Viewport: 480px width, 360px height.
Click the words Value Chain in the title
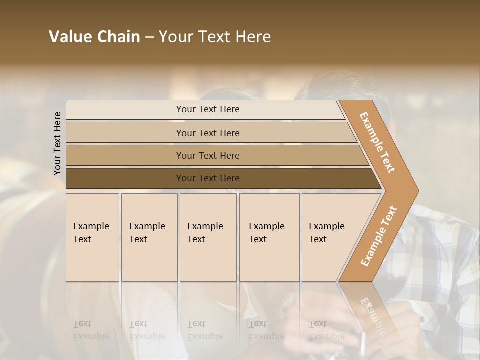pyautogui.click(x=94, y=37)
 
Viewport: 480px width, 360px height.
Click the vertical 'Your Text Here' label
pyautogui.click(x=57, y=143)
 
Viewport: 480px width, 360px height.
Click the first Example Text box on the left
pyautogui.click(x=92, y=237)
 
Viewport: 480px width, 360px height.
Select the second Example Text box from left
pyautogui.click(x=149, y=237)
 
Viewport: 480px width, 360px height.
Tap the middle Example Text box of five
pyautogui.click(x=208, y=237)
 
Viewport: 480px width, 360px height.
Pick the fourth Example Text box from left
pyautogui.click(x=269, y=237)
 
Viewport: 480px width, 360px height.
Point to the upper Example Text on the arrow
pyautogui.click(x=378, y=142)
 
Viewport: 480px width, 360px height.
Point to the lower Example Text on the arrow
pyautogui.click(x=379, y=236)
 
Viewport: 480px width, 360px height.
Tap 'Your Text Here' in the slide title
pyautogui.click(x=214, y=37)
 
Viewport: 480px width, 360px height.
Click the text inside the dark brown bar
pyautogui.click(x=208, y=178)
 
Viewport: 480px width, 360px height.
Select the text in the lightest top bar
pyautogui.click(x=208, y=109)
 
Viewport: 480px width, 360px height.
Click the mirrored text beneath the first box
pyautogui.click(x=91, y=330)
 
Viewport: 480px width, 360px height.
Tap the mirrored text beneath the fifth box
pyautogui.click(x=326, y=330)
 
